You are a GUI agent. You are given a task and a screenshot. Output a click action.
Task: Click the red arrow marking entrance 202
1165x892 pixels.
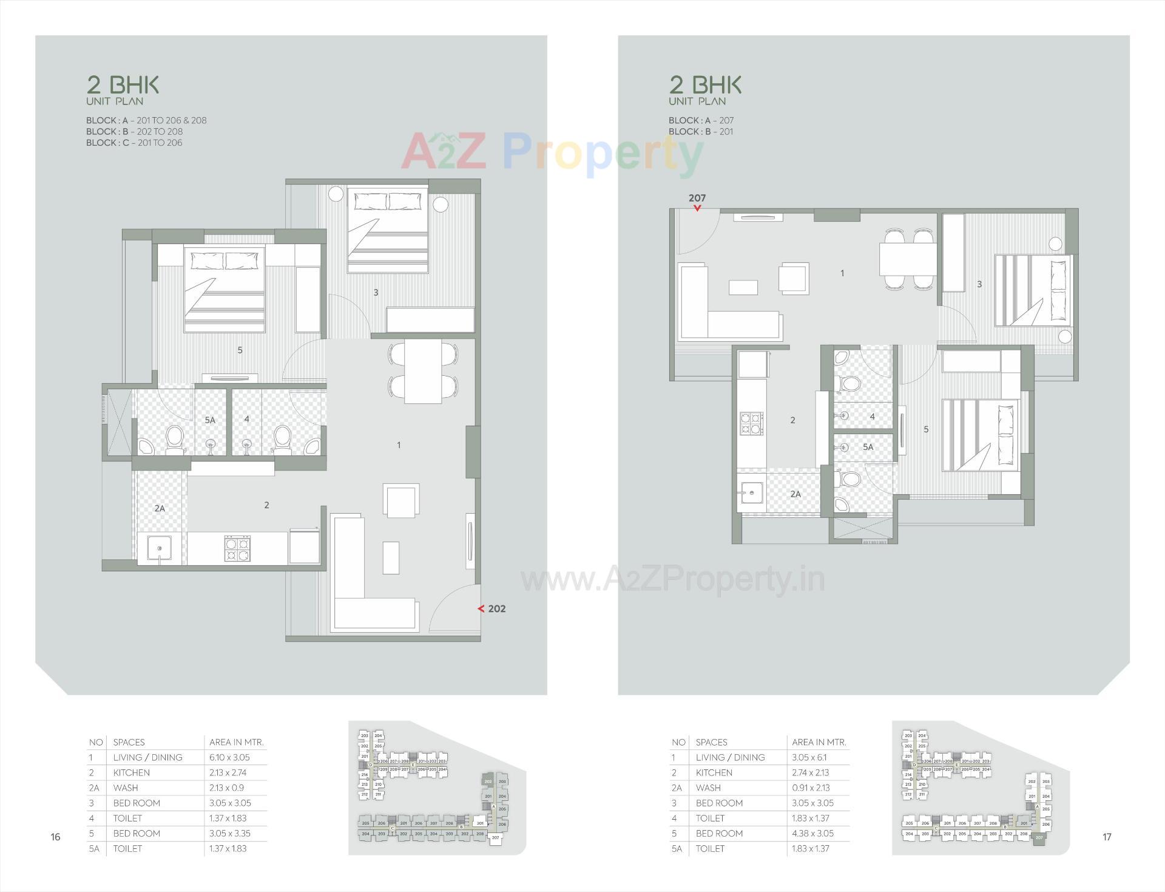481,608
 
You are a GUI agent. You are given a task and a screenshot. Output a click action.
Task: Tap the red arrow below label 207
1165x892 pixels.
697,208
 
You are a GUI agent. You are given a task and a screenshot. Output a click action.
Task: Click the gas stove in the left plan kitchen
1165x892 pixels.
237,548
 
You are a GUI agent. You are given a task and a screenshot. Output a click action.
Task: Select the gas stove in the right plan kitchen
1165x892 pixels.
751,423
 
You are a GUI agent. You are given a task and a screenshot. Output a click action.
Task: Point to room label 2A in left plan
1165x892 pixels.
160,508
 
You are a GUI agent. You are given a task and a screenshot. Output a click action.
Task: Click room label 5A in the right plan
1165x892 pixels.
868,447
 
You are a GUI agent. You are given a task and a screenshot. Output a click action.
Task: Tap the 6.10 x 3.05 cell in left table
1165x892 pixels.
229,757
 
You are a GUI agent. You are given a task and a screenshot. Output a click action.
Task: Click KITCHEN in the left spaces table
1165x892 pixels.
131,772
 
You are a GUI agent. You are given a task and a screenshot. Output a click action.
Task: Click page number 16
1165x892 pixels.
55,837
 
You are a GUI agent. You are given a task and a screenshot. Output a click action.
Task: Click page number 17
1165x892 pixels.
1107,837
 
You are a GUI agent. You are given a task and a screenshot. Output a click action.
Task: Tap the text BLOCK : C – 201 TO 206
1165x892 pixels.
134,143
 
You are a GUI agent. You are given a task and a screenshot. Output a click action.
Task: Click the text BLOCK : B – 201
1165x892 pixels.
701,132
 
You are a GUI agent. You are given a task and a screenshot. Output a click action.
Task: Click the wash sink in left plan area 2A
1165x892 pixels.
159,549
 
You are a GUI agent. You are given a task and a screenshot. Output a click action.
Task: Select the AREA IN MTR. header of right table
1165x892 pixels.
819,742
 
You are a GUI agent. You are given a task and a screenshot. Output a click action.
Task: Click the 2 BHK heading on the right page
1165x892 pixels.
705,84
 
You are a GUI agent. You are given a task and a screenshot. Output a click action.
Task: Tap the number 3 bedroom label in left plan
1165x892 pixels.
376,293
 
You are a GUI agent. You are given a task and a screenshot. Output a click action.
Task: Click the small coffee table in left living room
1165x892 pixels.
391,557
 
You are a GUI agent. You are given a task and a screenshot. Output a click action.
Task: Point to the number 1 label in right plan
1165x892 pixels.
842,273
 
